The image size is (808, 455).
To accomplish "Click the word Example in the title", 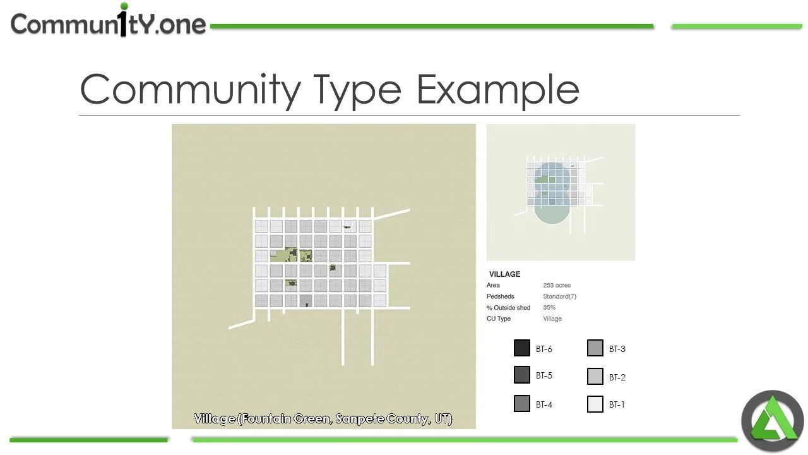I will coord(497,89).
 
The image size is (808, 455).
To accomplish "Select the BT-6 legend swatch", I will coord(521,348).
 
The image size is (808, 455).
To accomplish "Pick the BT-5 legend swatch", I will coord(521,375).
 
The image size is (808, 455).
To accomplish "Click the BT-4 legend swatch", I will coord(521,404).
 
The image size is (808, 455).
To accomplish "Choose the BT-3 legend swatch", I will coord(595,348).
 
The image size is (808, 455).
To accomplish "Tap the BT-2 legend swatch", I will coord(595,377).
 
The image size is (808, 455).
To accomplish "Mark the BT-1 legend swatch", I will coord(595,404).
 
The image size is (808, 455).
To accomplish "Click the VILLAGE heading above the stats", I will coord(504,274).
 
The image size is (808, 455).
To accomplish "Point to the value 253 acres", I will coord(557,286).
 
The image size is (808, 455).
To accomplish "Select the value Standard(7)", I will coord(559,296).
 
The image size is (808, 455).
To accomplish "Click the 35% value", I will coord(549,308).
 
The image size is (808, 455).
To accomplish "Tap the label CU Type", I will coord(498,318).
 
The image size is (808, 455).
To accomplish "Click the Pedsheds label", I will coord(500,296).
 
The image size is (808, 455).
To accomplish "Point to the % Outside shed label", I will coord(508,308).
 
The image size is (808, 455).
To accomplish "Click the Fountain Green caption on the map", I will coord(323,418).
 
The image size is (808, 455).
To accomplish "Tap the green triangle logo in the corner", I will coord(772,422).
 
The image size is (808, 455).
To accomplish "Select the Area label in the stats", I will coord(493,286).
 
